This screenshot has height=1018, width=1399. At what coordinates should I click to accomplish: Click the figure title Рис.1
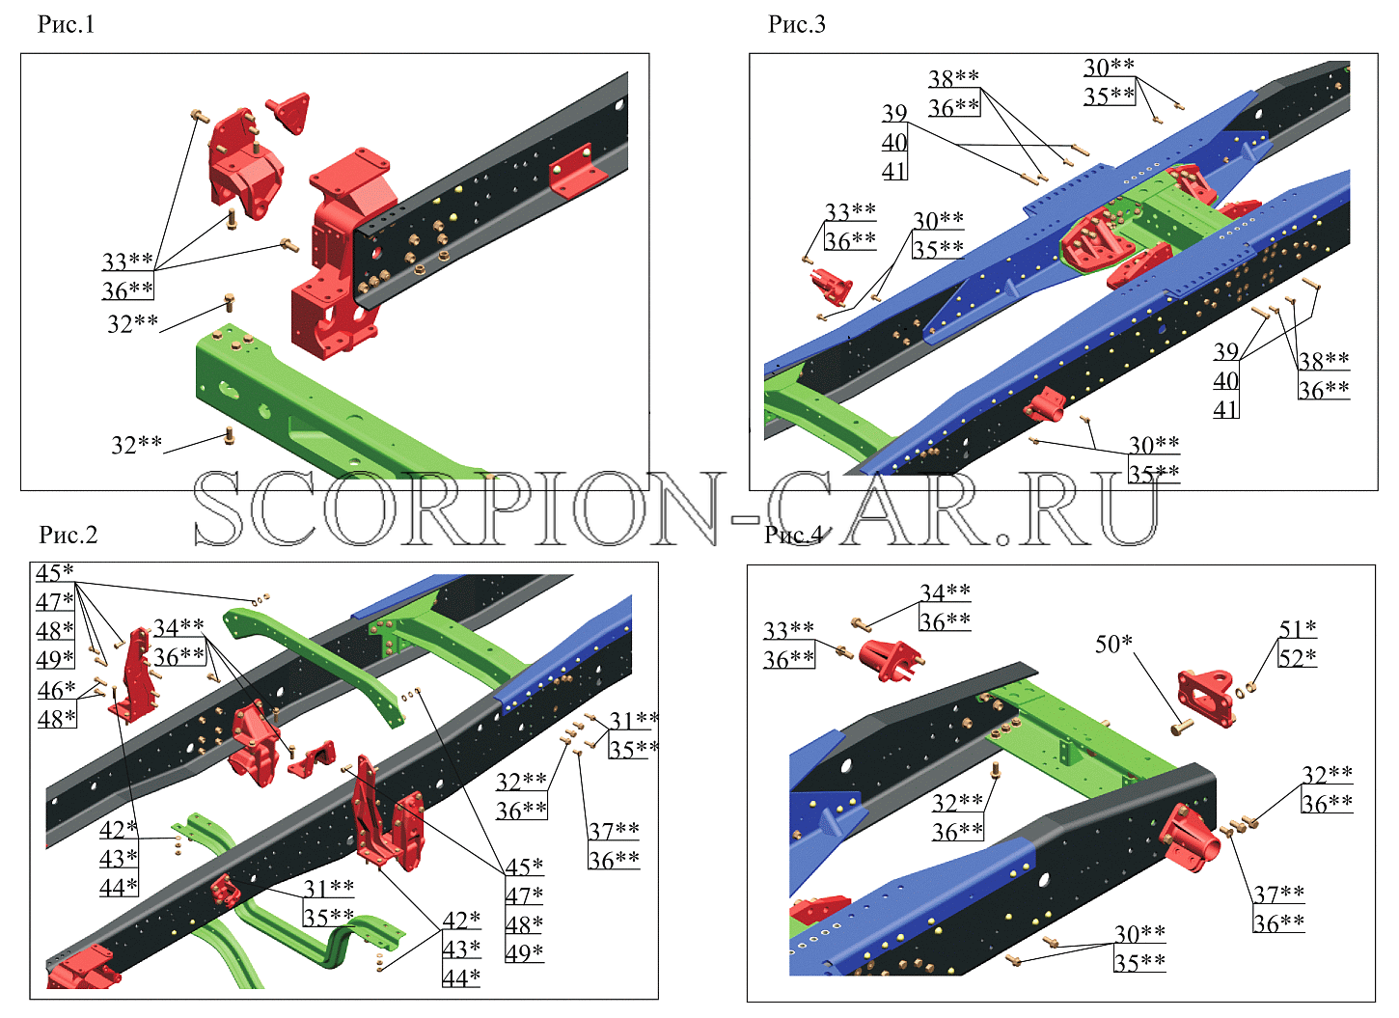tap(66, 24)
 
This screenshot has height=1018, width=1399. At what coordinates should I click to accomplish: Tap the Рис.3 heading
tap(796, 24)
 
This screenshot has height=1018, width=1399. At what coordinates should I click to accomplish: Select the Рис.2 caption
tap(69, 535)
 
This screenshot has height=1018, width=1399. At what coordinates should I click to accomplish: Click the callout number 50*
tap(1113, 644)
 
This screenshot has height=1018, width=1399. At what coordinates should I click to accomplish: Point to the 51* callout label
tap(1297, 628)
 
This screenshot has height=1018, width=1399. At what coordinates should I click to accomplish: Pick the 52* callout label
tap(1297, 657)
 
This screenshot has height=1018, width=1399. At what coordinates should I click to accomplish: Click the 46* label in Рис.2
tap(56, 690)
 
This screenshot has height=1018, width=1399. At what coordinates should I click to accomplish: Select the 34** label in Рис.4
tap(945, 592)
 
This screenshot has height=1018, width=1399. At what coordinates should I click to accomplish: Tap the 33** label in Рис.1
tap(127, 261)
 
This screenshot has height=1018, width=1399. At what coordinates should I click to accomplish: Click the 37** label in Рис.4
tap(1278, 894)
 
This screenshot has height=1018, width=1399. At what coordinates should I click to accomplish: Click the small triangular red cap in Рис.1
tap(288, 113)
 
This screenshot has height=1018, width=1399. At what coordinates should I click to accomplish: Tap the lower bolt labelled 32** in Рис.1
tap(230, 435)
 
